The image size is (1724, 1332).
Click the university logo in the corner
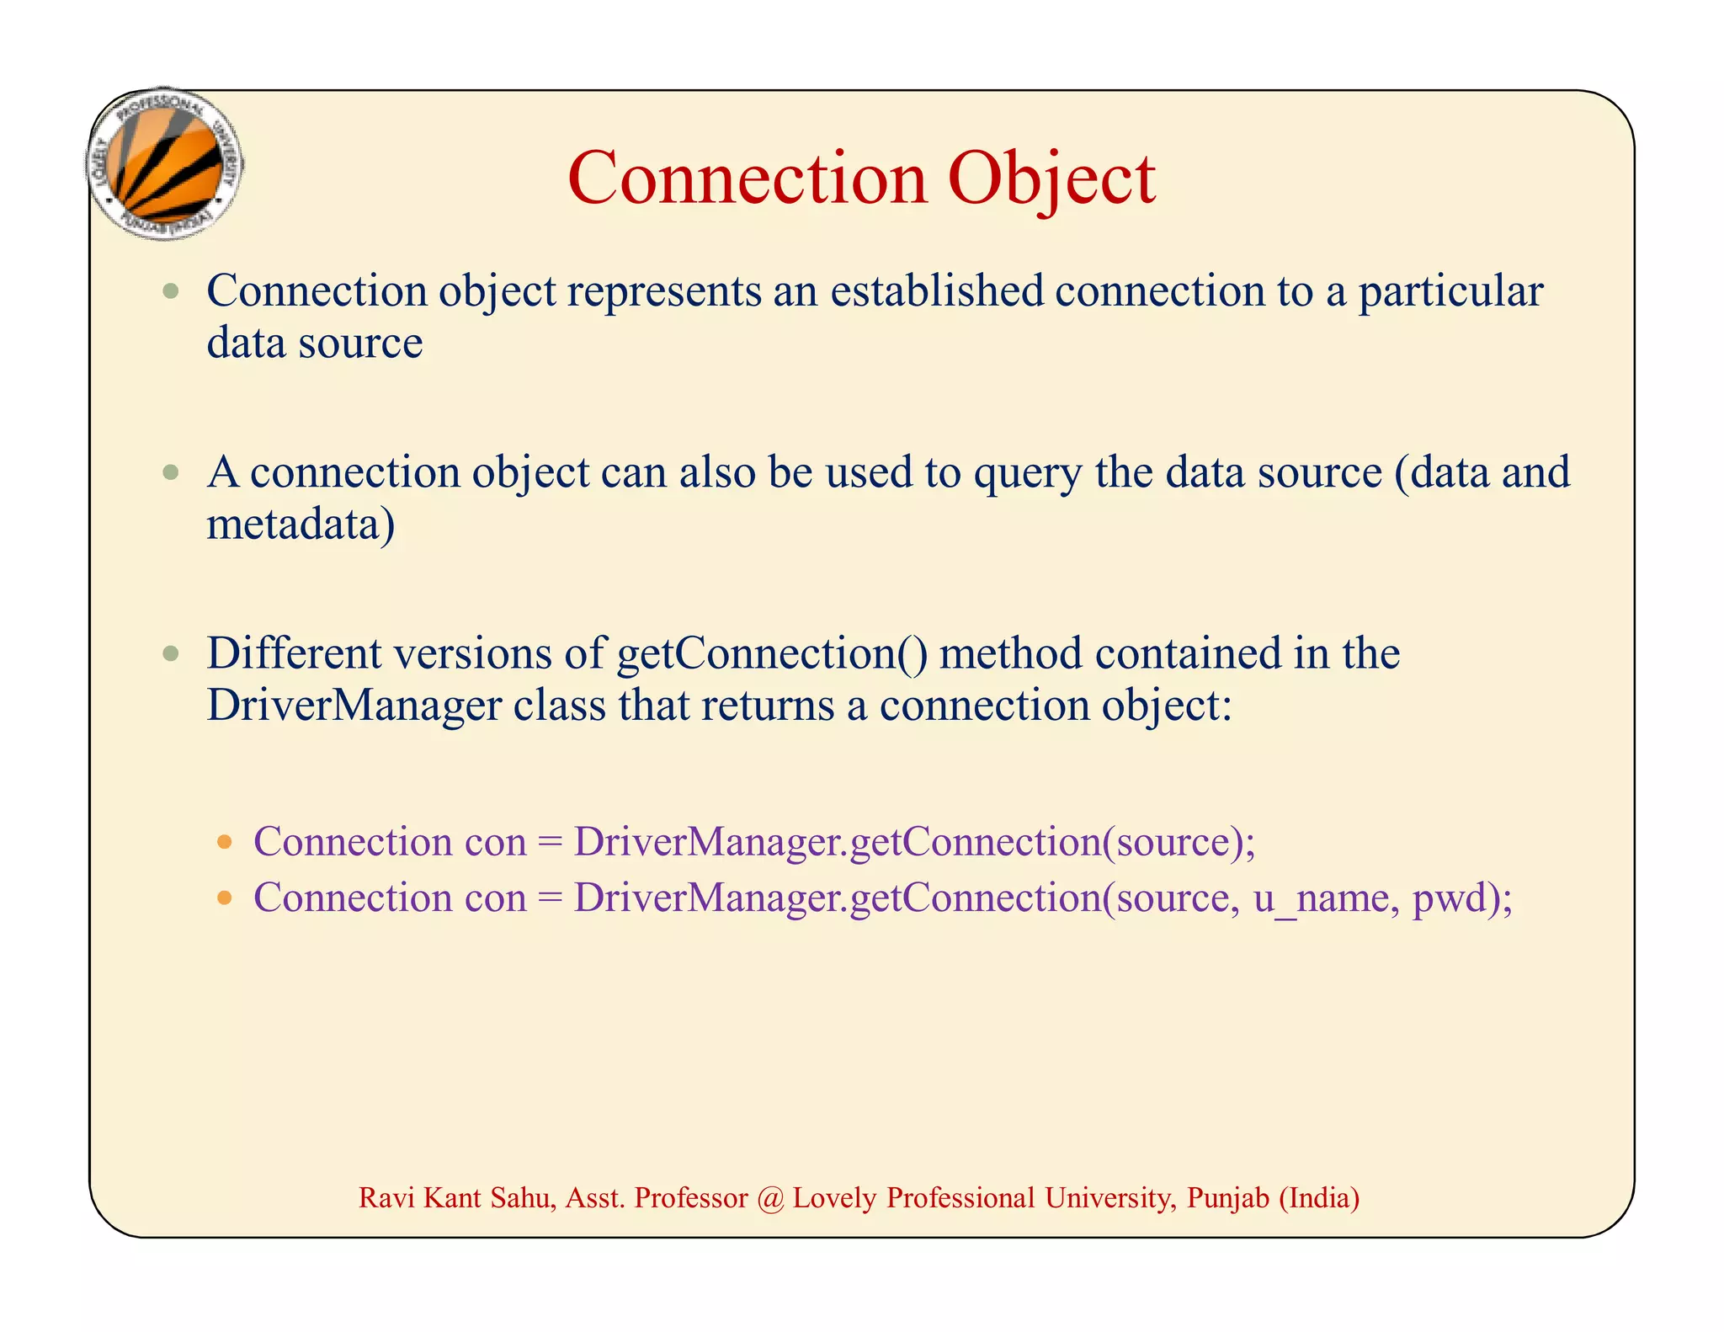coord(165,164)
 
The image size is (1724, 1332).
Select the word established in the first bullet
coord(937,291)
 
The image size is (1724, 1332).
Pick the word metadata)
coord(301,525)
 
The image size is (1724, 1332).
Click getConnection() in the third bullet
coord(772,655)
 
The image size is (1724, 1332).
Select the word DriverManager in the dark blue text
coord(354,706)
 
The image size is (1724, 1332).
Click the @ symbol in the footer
coord(770,1198)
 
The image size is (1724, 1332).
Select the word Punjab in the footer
coord(1227,1198)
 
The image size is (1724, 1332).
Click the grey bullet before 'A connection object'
coord(172,472)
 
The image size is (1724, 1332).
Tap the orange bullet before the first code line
coord(224,842)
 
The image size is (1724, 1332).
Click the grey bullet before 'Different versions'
coord(172,653)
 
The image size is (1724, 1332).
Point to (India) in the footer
coord(1318,1198)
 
